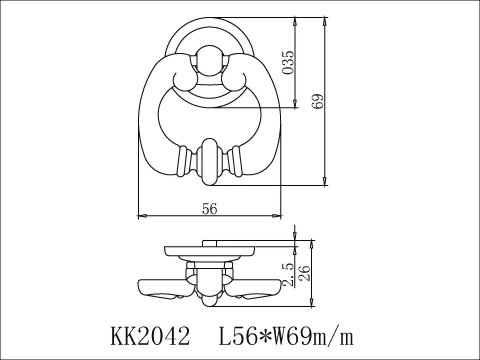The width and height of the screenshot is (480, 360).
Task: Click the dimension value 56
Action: click(210, 209)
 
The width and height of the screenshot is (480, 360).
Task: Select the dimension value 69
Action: click(318, 101)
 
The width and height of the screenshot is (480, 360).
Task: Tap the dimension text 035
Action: click(288, 62)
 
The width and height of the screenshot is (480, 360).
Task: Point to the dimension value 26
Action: click(304, 273)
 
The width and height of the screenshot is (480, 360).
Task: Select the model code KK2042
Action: click(150, 336)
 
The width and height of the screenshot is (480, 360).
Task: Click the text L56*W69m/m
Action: click(285, 336)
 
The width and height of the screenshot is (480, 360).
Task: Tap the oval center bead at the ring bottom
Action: click(210, 162)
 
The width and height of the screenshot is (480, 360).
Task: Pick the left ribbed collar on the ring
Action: click(184, 162)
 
